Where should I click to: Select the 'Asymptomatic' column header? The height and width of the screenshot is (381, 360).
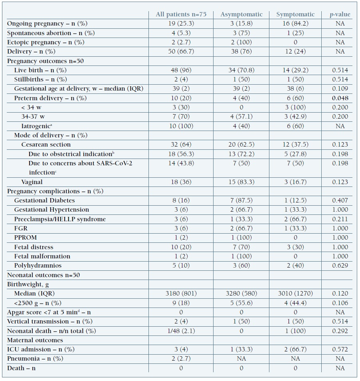pyautogui.click(x=241, y=14)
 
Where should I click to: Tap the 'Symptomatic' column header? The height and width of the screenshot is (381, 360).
pyautogui.click(x=295, y=14)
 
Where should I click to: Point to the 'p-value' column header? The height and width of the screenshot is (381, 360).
pyautogui.click(x=340, y=14)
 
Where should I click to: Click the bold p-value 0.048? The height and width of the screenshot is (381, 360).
pyautogui.click(x=340, y=98)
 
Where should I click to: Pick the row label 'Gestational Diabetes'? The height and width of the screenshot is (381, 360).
pyautogui.click(x=44, y=200)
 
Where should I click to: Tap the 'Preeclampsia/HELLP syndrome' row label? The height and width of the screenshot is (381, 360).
pyautogui.click(x=54, y=219)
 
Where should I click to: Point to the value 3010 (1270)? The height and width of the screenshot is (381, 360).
pyautogui.click(x=295, y=294)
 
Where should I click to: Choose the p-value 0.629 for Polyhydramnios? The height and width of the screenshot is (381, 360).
pyautogui.click(x=340, y=266)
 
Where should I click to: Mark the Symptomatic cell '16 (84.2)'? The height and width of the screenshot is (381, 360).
pyautogui.click(x=295, y=24)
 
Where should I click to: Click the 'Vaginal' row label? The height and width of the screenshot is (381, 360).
pyautogui.click(x=32, y=182)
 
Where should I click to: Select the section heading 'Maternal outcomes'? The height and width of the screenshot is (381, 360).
pyautogui.click(x=35, y=340)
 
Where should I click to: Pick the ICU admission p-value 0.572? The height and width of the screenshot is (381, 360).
pyautogui.click(x=340, y=349)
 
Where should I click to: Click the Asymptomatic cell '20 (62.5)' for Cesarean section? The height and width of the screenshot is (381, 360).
pyautogui.click(x=241, y=145)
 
